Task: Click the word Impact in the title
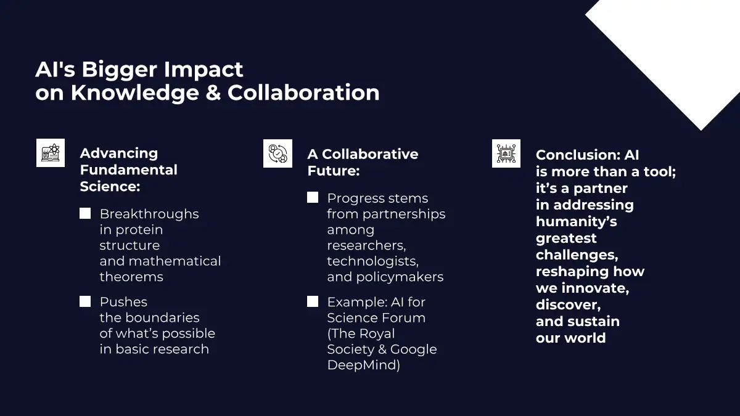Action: click(203, 70)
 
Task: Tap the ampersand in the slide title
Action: click(213, 92)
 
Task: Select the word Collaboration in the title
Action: click(303, 92)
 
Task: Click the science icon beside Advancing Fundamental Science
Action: click(51, 153)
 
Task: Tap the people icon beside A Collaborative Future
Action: click(278, 153)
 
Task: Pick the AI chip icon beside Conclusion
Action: click(506, 153)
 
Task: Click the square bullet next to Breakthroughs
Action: click(85, 213)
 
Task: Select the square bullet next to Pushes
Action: click(85, 301)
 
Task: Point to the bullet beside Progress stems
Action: click(313, 197)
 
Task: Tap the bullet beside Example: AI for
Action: click(313, 301)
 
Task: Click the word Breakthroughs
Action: click(149, 214)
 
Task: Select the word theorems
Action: click(131, 277)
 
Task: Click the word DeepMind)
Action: click(364, 365)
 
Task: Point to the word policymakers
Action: click(400, 277)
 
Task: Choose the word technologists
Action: click(372, 261)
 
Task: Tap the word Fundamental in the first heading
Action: click(129, 169)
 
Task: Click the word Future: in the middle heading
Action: click(334, 171)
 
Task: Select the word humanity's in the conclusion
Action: click(577, 222)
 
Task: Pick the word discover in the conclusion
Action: click(567, 304)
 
